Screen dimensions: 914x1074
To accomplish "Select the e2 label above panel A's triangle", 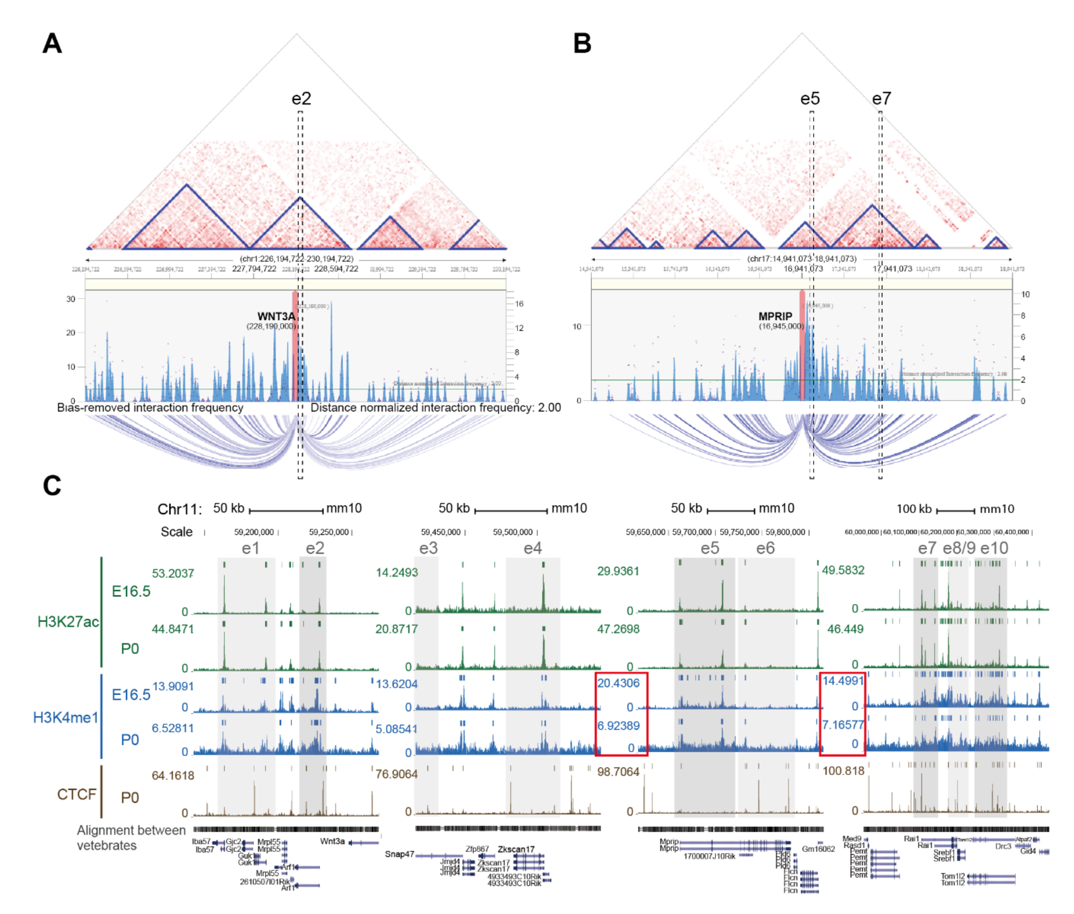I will (301, 98).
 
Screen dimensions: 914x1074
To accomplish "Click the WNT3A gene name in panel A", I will (276, 316).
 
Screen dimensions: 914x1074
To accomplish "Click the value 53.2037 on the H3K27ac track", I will (172, 574).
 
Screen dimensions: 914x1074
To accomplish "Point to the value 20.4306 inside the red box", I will (618, 683).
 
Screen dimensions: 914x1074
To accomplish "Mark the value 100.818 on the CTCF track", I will (843, 771).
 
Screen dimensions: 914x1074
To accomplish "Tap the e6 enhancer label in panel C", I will (765, 548).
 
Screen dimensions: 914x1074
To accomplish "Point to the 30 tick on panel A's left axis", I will (71, 299).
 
